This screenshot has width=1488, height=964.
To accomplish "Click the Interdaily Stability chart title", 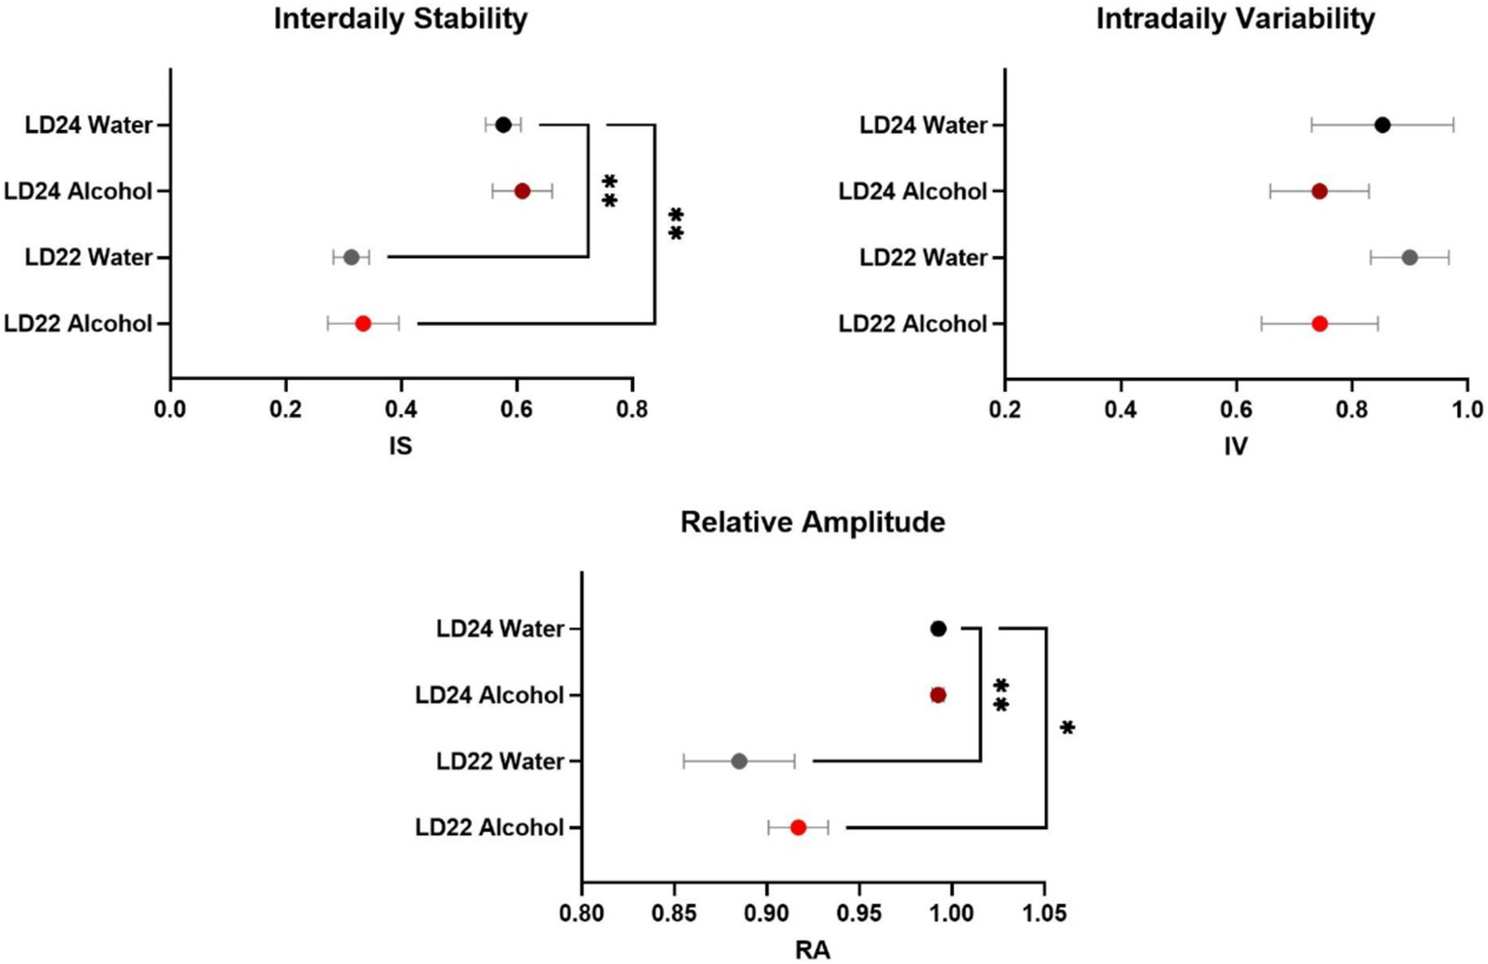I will coord(400,19).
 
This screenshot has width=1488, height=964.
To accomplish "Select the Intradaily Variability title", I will coord(1235,19).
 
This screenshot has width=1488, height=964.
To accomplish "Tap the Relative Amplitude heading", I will coord(812,523).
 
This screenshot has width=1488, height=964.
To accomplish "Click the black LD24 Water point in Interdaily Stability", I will coord(503,125).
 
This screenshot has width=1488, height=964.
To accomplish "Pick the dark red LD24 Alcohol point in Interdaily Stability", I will coord(522,191).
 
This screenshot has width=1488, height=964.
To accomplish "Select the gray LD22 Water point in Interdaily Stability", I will coord(351,257).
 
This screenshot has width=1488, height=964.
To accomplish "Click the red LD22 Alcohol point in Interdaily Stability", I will coord(363,323).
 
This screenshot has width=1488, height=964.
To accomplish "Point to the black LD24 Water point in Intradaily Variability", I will coord(1382,125).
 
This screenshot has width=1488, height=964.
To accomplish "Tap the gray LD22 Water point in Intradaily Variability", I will coord(1409,257).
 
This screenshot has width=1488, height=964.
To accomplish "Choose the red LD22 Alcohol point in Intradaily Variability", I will coord(1319,323).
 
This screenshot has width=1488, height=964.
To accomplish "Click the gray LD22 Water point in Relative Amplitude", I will coord(739,761).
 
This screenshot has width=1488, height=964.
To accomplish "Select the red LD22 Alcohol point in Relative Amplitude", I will coord(798,827).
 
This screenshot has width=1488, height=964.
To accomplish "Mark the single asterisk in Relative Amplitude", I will coord(1067,728).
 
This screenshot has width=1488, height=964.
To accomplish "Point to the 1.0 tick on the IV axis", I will coord(1468,409).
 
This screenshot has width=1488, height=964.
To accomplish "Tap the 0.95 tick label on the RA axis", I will coord(859,913).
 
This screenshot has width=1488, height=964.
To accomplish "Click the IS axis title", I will coord(399,446).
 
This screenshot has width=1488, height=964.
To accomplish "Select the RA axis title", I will coord(812,950).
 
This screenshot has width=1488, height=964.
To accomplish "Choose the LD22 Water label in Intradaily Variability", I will coord(923,258).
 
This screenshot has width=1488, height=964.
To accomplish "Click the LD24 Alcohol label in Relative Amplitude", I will coord(490,695).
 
